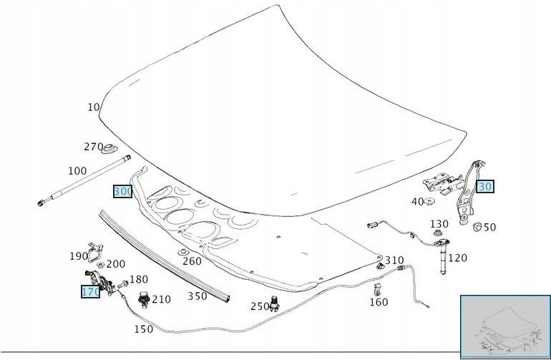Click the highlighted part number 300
pyautogui.click(x=122, y=192)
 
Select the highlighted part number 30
pyautogui.click(x=485, y=187)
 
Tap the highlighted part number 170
pyautogui.click(x=90, y=292)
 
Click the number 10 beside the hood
pyautogui.click(x=93, y=107)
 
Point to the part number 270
pyautogui.click(x=94, y=147)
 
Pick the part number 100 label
pyautogui.click(x=77, y=171)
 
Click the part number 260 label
pyautogui.click(x=192, y=261)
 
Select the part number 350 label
pyautogui.click(x=198, y=296)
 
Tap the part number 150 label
pyautogui.click(x=143, y=329)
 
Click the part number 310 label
pyautogui.click(x=394, y=261)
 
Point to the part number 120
pyautogui.click(x=457, y=258)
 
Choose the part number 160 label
pyautogui.click(x=379, y=302)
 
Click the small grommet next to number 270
pyautogui.click(x=109, y=150)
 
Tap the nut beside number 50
pyautogui.click(x=477, y=228)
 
